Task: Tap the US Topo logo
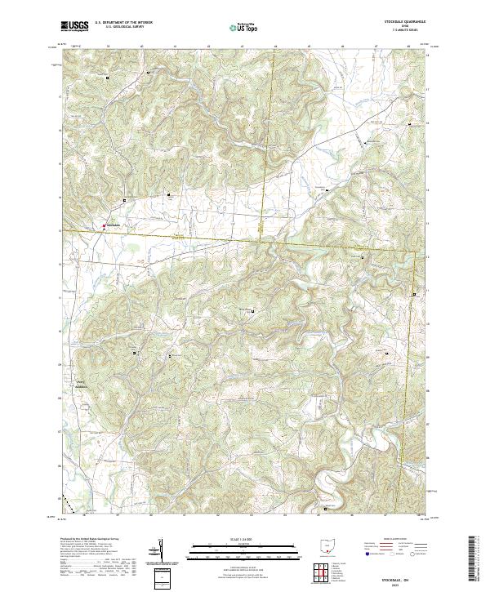pos(244,27)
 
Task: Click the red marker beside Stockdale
pos(104,226)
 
